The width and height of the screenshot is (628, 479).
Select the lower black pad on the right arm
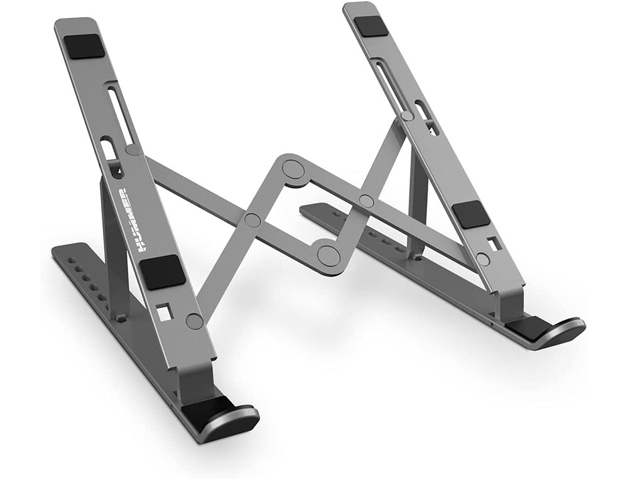[x=471, y=215]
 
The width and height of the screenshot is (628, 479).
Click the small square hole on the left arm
[x=165, y=311]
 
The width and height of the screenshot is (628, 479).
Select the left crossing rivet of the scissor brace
[x=252, y=219]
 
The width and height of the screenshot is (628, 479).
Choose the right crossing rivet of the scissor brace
[x=366, y=201]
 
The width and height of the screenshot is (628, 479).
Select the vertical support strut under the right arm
[x=417, y=201]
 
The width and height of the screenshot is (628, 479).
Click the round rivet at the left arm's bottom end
[x=195, y=321]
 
